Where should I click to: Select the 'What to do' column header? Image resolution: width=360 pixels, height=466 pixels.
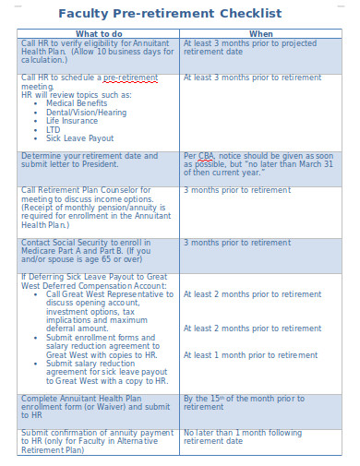99,33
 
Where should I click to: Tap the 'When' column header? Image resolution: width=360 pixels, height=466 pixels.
261,33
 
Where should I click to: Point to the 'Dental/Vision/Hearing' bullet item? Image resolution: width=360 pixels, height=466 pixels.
87,112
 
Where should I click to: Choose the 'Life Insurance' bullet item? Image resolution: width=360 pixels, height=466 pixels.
72,121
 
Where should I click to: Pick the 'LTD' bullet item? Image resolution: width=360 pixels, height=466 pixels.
54,130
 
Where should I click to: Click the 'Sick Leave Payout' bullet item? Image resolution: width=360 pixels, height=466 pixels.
79,138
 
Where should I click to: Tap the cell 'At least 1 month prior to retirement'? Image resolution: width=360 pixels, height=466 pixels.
250,354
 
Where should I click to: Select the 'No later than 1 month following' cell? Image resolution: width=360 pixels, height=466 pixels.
243,432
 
